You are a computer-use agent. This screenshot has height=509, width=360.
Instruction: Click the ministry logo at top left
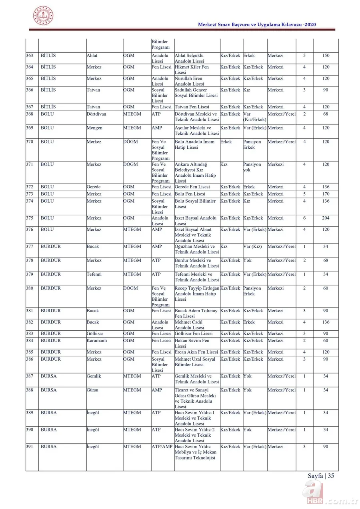[43, 16]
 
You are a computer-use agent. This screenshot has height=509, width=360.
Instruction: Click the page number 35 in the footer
[330, 476]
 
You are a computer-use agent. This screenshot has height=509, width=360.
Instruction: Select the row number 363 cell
[30, 56]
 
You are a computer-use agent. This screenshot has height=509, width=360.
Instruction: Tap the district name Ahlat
[92, 56]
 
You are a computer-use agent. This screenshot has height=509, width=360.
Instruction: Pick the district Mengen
[94, 128]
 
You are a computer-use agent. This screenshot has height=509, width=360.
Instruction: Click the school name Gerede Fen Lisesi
[192, 187]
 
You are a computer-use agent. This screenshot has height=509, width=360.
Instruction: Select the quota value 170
[326, 194]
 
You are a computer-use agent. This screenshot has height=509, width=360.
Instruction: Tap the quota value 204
[326, 218]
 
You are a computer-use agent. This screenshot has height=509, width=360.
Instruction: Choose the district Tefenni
[94, 275]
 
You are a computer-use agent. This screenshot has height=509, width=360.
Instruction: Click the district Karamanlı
[97, 341]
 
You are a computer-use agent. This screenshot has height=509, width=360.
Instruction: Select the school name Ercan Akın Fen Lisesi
[196, 352]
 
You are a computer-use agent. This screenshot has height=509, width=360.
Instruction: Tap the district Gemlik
[94, 376]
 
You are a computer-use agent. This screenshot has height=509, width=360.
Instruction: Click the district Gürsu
[92, 390]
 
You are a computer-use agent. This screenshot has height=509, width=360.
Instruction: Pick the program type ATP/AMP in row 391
[162, 447]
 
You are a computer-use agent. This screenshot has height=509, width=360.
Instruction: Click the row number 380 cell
[30, 288]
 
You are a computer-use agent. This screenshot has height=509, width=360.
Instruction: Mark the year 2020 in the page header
[310, 25]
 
